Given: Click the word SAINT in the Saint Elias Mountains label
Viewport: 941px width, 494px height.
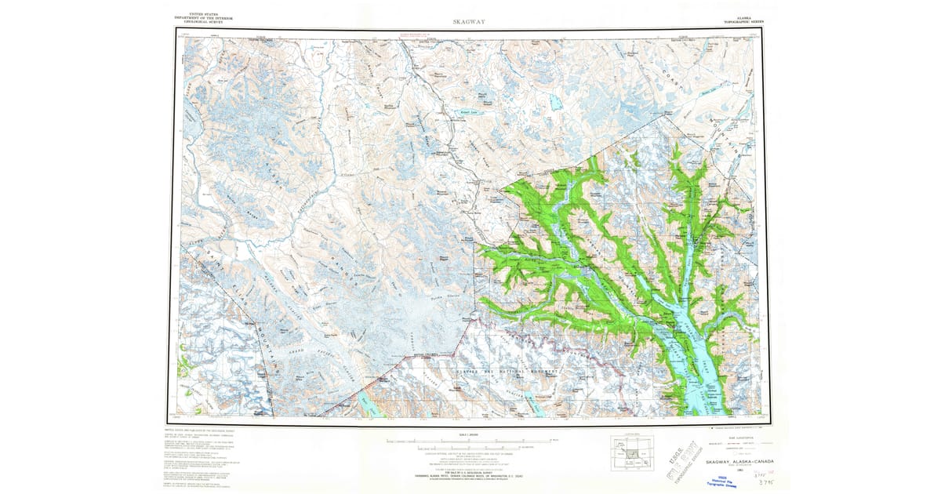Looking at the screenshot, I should click(202, 259).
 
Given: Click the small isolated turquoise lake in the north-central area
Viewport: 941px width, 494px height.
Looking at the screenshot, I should click(555, 102).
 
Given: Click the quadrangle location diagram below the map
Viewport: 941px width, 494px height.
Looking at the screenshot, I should click(632, 452).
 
